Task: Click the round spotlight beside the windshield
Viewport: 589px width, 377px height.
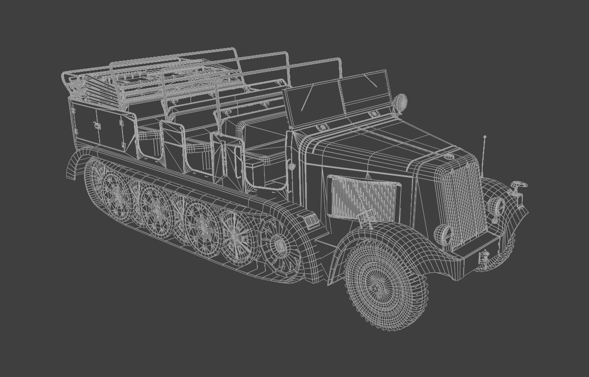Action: (x=401, y=101)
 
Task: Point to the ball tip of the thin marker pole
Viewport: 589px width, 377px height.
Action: (x=485, y=137)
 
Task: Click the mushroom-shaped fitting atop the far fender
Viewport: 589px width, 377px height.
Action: (x=518, y=185)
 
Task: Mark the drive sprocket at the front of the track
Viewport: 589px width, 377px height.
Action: (x=280, y=245)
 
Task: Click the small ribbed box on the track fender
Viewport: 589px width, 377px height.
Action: (x=311, y=221)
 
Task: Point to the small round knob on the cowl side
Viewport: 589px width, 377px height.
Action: (x=292, y=167)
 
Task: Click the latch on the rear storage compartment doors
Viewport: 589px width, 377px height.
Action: (x=97, y=126)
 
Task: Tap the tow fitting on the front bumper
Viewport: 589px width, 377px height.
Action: (x=484, y=257)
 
